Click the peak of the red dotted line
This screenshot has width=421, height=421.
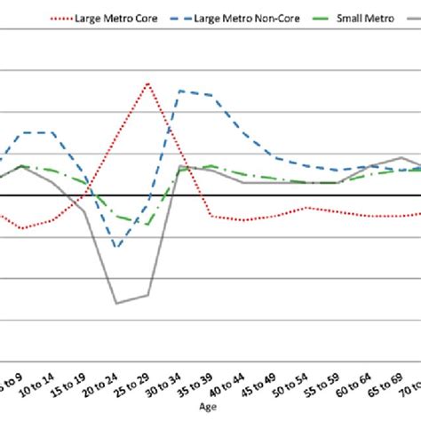tap(147, 83)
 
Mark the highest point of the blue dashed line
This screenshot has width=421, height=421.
tap(180, 91)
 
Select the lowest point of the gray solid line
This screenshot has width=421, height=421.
tap(116, 303)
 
